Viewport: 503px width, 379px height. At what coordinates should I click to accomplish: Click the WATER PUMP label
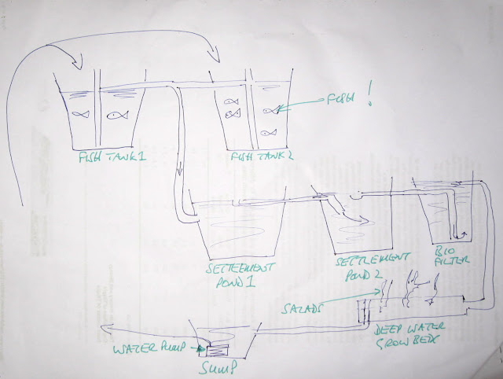(152, 348)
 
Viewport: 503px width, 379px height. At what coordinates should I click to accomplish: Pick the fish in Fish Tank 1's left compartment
(81, 114)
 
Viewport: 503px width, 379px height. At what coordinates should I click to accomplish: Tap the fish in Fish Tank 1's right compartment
(116, 116)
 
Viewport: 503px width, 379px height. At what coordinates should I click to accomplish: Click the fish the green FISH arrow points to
(270, 110)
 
